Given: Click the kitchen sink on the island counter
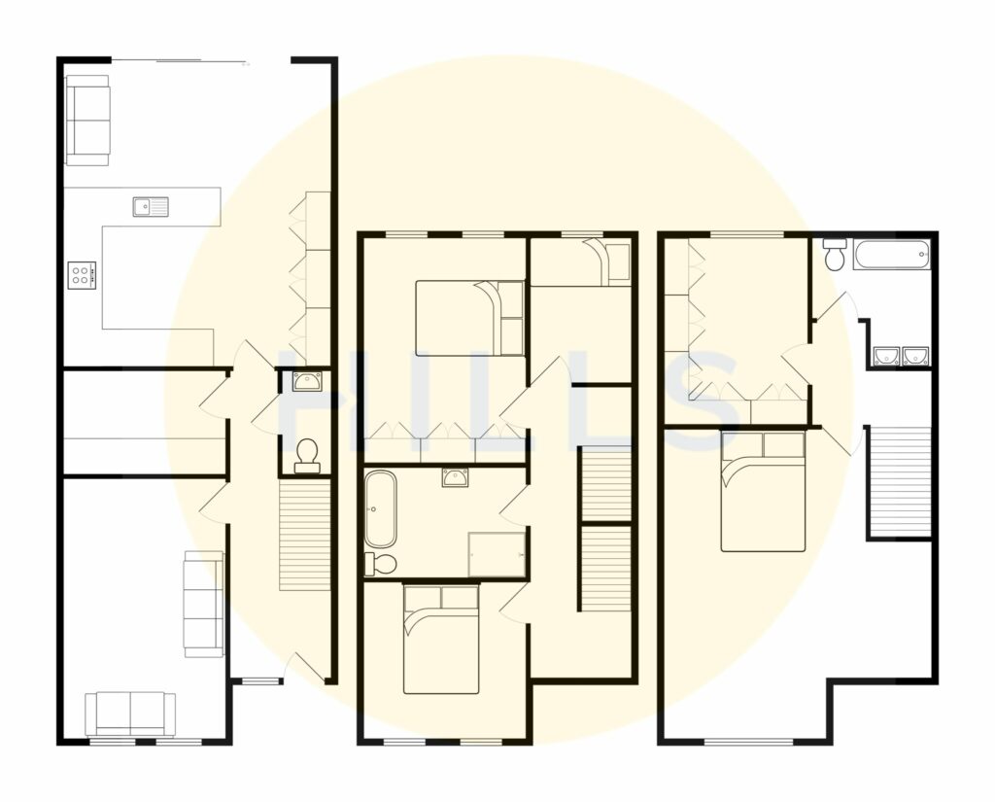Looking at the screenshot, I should [x=151, y=206].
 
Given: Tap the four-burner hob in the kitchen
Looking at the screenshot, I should [x=81, y=274].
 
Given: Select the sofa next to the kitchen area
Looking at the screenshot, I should [x=87, y=120].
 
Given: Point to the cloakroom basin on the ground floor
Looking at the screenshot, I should [x=307, y=380].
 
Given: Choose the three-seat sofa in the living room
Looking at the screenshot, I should [x=204, y=604].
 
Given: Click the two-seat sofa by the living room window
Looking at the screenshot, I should [x=130, y=714].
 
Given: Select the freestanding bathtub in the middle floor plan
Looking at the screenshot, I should [x=380, y=509].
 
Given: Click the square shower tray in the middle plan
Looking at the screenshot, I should [x=497, y=554].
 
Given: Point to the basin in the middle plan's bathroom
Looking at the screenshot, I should [x=455, y=476].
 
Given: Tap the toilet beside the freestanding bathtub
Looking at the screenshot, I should [x=381, y=563].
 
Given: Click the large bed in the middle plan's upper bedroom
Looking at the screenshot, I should [x=469, y=318].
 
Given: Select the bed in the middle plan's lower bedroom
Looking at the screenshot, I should [x=441, y=639].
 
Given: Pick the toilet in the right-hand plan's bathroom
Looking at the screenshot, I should [x=834, y=255].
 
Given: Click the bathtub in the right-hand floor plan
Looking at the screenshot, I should [x=891, y=256].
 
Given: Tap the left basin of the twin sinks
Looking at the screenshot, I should [x=886, y=357].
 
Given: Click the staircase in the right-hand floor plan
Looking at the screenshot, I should [x=899, y=480].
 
